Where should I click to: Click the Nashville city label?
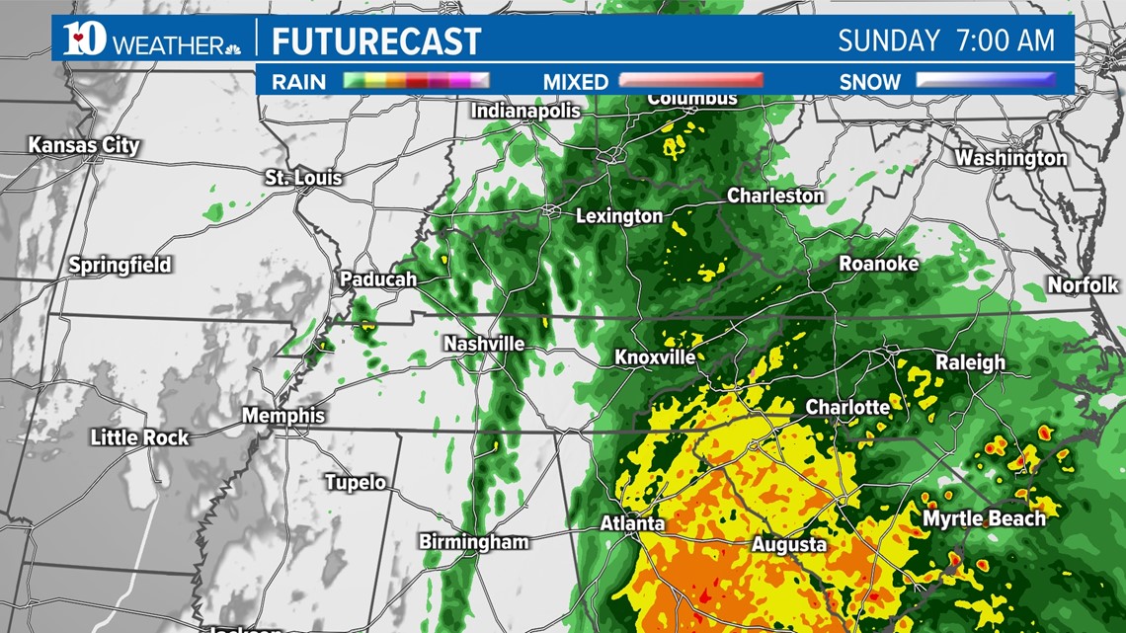tap(484, 345)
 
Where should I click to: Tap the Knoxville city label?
tap(654, 357)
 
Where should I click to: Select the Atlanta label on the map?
tap(632, 523)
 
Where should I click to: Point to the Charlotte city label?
tap(847, 407)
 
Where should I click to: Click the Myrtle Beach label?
tap(984, 518)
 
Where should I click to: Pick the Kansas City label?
tap(84, 145)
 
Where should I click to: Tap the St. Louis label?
tap(303, 178)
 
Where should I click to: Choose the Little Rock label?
tap(139, 436)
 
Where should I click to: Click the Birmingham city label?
tap(474, 541)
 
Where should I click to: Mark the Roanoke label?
tap(878, 264)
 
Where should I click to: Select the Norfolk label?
tap(1083, 284)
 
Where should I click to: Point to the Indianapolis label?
tap(525, 111)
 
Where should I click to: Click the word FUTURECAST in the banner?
tap(376, 41)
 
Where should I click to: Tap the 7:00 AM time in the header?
tap(1005, 40)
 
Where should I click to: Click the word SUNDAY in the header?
tap(889, 40)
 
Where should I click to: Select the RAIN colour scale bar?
tap(416, 81)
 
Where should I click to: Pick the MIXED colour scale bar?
tap(690, 81)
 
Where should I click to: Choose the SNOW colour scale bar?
tap(985, 81)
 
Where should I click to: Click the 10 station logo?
tap(84, 40)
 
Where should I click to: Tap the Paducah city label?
tap(378, 279)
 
